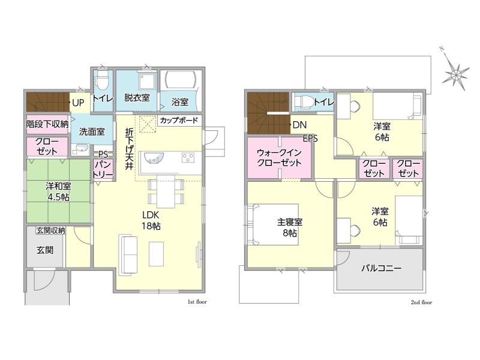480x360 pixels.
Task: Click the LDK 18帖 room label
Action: pyautogui.click(x=151, y=220)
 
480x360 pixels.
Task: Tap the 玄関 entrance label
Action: pyautogui.click(x=45, y=250)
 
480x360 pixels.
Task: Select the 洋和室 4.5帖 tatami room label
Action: pyautogui.click(x=58, y=191)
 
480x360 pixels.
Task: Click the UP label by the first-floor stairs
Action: pyautogui.click(x=78, y=103)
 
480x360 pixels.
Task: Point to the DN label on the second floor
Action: pyautogui.click(x=299, y=125)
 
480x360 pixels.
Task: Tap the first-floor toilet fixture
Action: pyautogui.click(x=102, y=80)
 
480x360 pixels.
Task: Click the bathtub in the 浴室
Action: pyautogui.click(x=181, y=80)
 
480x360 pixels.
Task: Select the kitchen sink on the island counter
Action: pyautogui.click(x=154, y=158)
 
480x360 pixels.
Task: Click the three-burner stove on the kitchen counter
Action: pyautogui.click(x=188, y=158)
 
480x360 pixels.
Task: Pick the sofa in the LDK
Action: pyautogui.click(x=128, y=254)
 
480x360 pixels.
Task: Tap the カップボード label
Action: pyautogui.click(x=179, y=121)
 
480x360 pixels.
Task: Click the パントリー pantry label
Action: pyautogui.click(x=103, y=169)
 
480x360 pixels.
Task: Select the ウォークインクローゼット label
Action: pyautogui.click(x=279, y=157)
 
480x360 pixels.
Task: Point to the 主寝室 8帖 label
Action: pyautogui.click(x=290, y=227)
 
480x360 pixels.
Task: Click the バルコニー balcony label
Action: pyautogui.click(x=381, y=268)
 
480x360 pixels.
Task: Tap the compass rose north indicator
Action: pyautogui.click(x=456, y=73)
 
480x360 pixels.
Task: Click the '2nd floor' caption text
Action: pyautogui.click(x=421, y=302)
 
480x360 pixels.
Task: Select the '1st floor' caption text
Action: pyautogui.click(x=197, y=302)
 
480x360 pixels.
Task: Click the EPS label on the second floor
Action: pyautogui.click(x=310, y=139)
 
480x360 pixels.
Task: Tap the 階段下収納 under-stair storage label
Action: pyautogui.click(x=47, y=124)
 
